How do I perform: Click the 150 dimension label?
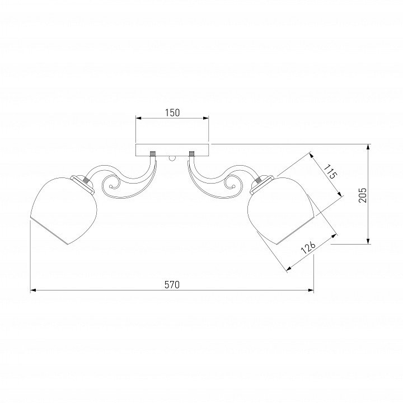[172, 113]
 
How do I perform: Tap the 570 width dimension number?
[172, 285]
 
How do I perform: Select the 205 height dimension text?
[362, 195]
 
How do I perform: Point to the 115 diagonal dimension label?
[330, 172]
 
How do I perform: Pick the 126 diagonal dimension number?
[308, 247]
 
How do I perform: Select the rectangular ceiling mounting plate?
[172, 150]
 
